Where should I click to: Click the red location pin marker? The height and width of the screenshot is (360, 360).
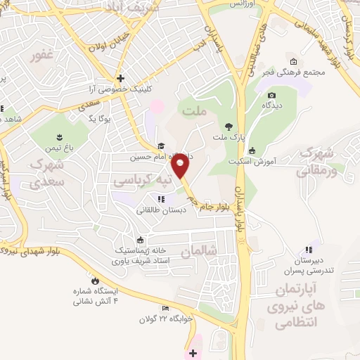pos(181,167)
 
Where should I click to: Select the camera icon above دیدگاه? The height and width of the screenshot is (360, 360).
pos(271,96)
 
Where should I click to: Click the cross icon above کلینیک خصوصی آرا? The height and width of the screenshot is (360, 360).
pos(121,78)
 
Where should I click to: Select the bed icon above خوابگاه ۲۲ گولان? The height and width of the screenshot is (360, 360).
pos(167,307)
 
